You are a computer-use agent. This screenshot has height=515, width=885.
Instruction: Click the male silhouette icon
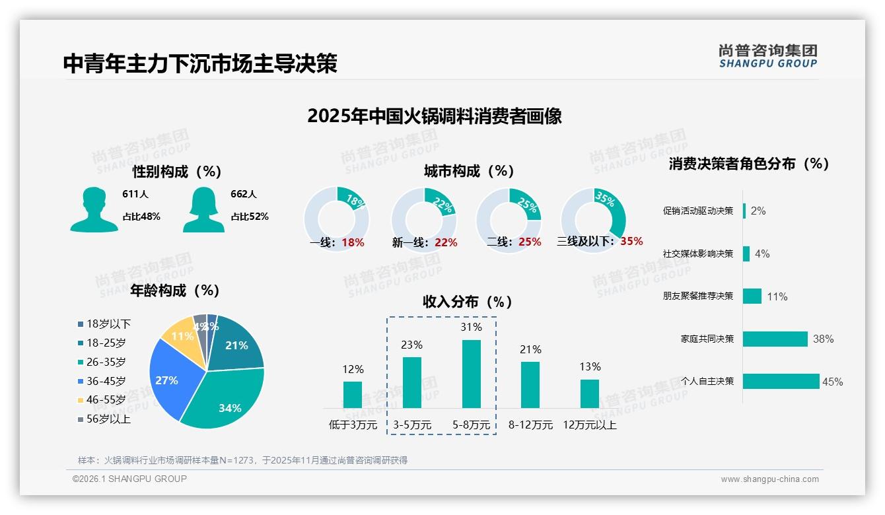tap(94, 210)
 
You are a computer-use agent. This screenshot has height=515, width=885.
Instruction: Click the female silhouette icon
tap(203, 210)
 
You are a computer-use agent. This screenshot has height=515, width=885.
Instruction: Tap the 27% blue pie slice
tap(168, 379)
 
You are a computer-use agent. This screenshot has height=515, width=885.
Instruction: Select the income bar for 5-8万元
tap(471, 374)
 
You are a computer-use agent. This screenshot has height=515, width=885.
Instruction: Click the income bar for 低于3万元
tap(353, 394)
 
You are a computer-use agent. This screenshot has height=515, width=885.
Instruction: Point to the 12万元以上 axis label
tap(589, 425)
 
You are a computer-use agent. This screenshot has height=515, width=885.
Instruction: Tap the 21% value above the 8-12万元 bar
tap(530, 349)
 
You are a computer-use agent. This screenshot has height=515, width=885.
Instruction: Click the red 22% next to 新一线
tap(446, 242)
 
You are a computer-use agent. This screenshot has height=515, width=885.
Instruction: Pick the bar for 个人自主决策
tap(781, 381)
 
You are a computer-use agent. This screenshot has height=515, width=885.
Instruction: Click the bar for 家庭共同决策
tap(775, 339)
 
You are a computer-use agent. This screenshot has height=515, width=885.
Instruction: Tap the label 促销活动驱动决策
tap(697, 211)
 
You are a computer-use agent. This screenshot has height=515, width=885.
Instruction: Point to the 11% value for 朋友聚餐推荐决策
tap(777, 296)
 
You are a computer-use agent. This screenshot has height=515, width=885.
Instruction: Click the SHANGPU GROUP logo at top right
tap(767, 56)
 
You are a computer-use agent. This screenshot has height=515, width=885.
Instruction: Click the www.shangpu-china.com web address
tap(769, 479)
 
